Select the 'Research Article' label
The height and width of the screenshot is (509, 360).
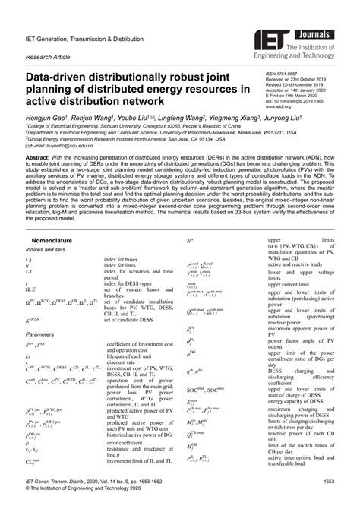pyautogui.click(x=47, y=56)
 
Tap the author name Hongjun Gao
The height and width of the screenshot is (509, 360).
pyautogui.click(x=48, y=119)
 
